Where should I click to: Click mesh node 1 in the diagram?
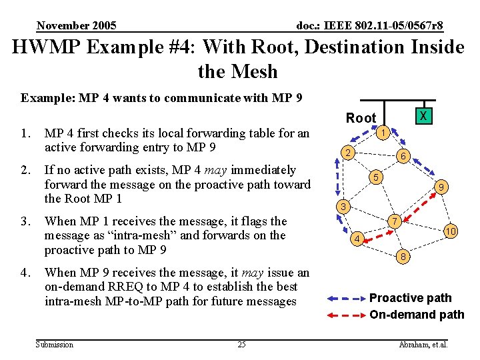[383, 133]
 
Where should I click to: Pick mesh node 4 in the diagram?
[357, 238]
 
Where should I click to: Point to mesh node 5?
[376, 177]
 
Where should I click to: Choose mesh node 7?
[395, 221]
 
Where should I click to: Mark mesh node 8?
[402, 255]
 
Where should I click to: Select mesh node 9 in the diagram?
[441, 189]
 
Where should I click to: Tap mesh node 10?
[450, 231]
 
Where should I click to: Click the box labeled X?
[422, 116]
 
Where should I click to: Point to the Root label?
[361, 118]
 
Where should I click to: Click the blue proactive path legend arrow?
[345, 298]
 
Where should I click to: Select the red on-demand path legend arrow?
[345, 314]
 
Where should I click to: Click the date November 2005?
[77, 26]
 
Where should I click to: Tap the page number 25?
[241, 344]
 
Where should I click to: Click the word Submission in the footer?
[55, 344]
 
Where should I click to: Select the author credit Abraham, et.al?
[423, 344]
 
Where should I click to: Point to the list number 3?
[25, 221]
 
